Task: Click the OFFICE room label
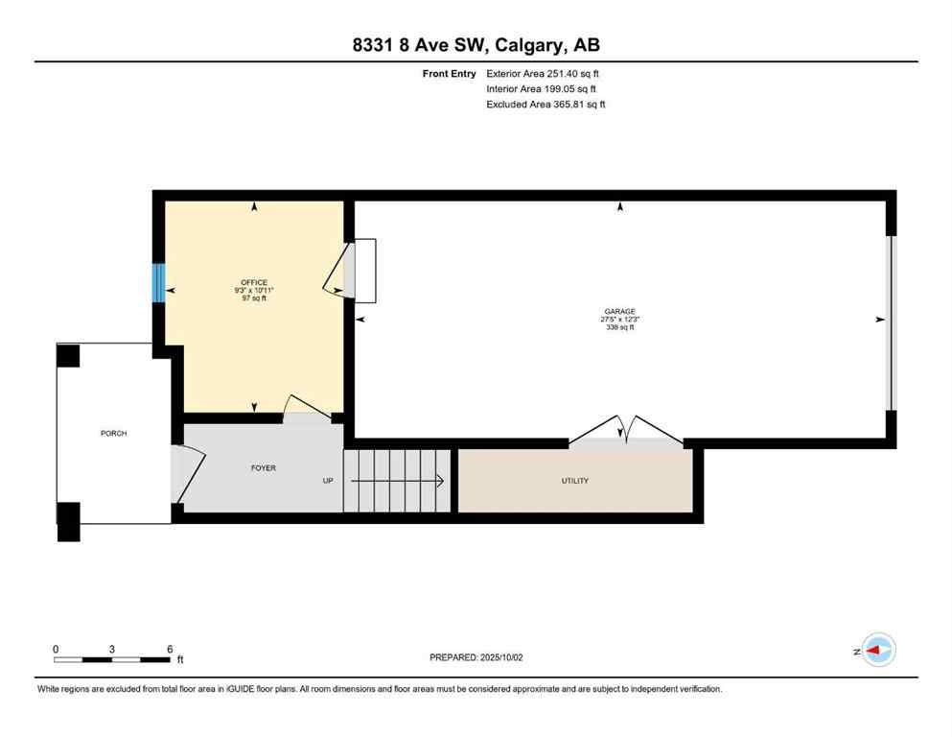coord(254,282)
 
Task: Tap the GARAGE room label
coord(619,312)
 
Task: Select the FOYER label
coord(264,468)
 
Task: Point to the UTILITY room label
coord(575,481)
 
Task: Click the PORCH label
coord(113,434)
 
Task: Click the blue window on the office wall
coord(158,283)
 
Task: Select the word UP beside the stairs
coord(328,481)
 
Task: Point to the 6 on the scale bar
coord(170,649)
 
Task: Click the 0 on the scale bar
coord(56,649)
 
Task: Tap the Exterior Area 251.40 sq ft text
coord(546,73)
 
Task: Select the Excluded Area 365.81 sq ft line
coord(546,104)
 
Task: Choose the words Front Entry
coord(450,73)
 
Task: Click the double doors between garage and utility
coord(626,432)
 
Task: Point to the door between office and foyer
coord(308,410)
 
